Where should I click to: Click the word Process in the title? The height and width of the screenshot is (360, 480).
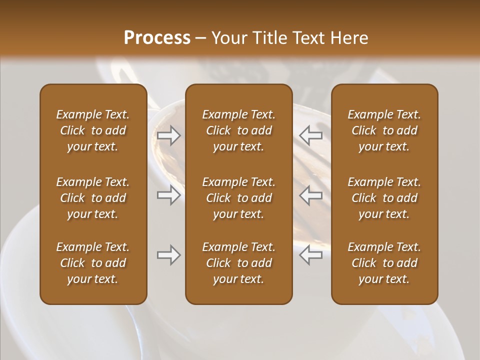click(157, 38)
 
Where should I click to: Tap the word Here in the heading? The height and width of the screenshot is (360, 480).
click(348, 38)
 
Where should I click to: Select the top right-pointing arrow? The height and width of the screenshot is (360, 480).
click(168, 135)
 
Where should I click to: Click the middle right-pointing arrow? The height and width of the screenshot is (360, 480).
click(168, 195)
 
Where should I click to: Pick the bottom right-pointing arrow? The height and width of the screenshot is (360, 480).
click(168, 255)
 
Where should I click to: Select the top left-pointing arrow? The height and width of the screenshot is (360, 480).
click(311, 135)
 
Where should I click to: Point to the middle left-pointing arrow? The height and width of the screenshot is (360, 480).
click(311, 195)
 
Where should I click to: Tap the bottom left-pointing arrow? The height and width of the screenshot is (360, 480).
click(311, 255)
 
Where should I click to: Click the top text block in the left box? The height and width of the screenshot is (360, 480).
click(93, 130)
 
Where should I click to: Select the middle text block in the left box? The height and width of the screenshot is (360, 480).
click(93, 198)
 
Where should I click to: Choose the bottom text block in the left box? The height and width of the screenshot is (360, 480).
click(93, 263)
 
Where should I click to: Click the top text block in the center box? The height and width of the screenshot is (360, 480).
click(239, 130)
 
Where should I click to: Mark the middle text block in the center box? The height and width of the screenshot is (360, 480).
click(239, 198)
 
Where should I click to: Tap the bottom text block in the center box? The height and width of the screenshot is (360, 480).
click(239, 263)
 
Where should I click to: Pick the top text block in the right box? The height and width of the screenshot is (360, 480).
click(384, 130)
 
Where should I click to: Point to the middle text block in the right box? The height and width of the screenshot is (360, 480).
click(384, 198)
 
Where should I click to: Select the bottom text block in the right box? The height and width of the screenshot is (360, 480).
click(384, 263)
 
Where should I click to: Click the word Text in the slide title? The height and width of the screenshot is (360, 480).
click(307, 38)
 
